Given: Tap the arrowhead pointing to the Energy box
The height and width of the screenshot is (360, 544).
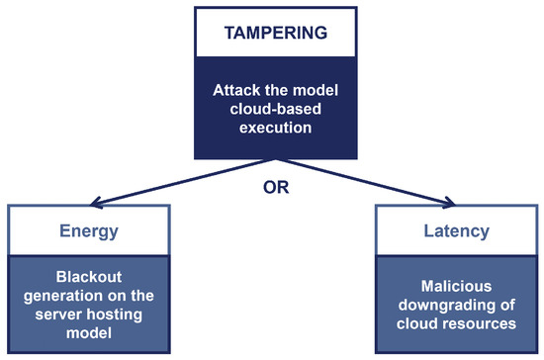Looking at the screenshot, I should (94, 203).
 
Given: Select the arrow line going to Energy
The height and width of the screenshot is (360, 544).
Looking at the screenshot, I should (183, 181).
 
